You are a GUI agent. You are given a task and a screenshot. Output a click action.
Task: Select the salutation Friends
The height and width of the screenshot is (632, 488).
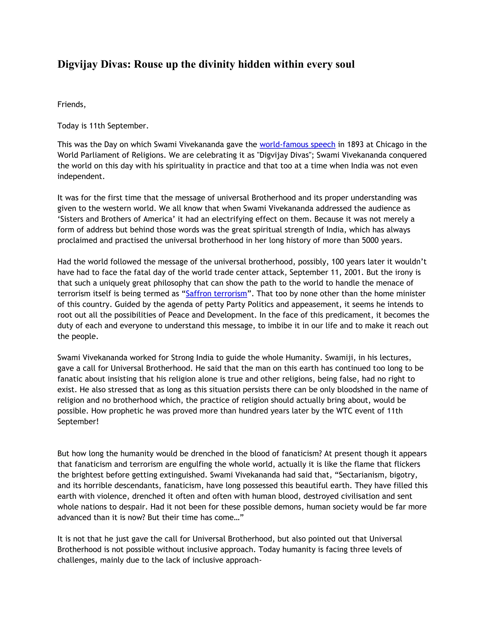tap(71, 104)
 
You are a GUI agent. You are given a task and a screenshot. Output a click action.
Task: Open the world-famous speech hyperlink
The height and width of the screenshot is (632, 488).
tap(297, 144)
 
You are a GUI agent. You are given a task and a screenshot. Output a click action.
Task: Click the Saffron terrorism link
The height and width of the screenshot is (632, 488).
tap(216, 294)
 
